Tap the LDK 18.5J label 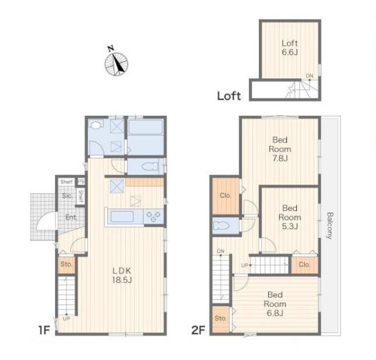[122, 275]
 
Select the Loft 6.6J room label [290, 48]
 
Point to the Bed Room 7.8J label [280, 149]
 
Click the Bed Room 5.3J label [290, 217]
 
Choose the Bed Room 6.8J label [275, 304]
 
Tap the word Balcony [330, 225]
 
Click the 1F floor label [44, 331]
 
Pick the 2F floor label [198, 331]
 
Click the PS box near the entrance [81, 182]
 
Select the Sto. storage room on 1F [66, 265]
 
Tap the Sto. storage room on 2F [221, 319]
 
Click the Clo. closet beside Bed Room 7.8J [226, 196]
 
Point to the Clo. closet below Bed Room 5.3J [305, 265]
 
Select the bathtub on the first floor [145, 127]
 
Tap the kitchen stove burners [154, 217]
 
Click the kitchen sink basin [122, 217]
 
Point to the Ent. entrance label [71, 217]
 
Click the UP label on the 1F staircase [66, 319]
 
